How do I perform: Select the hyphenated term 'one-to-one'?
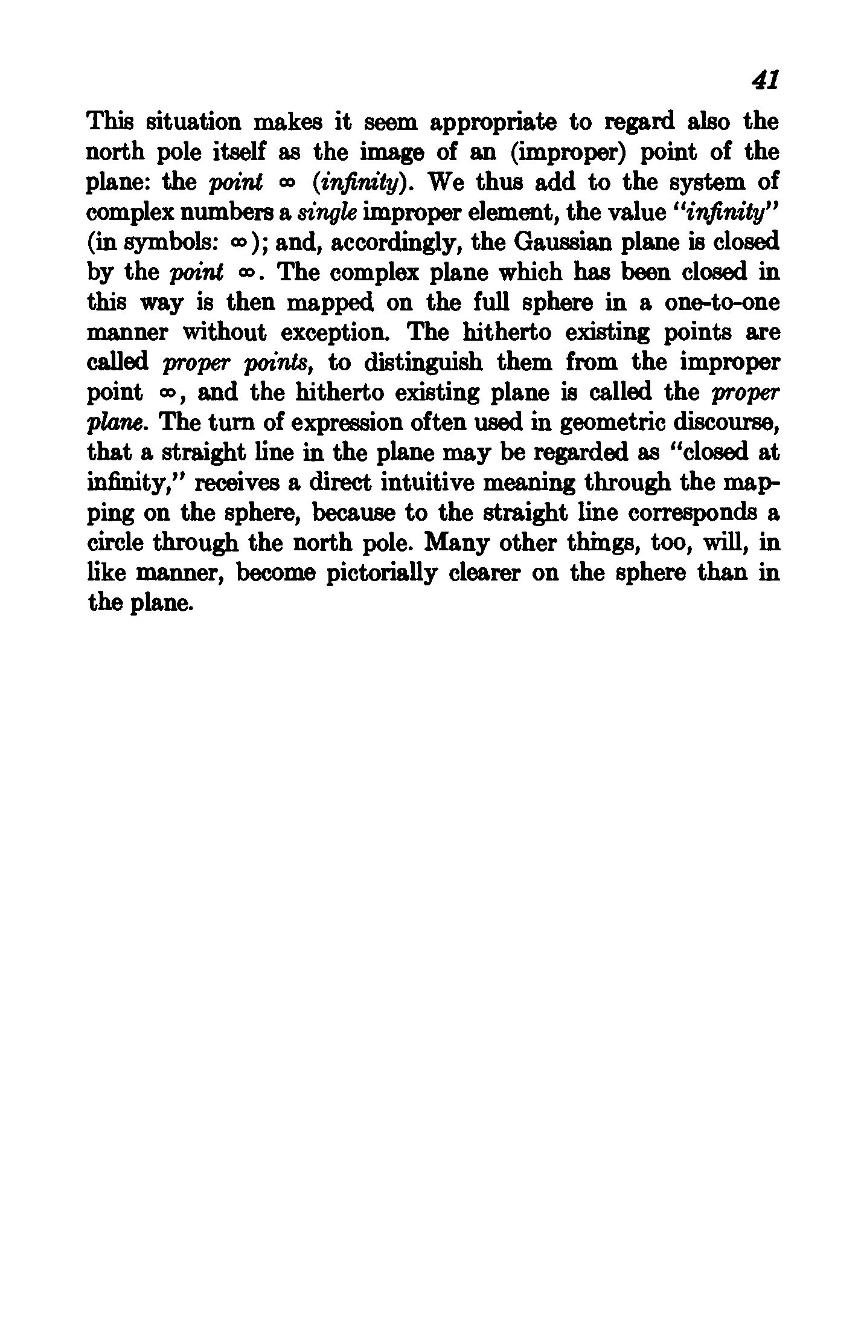point(722,303)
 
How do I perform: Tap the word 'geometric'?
point(613,423)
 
